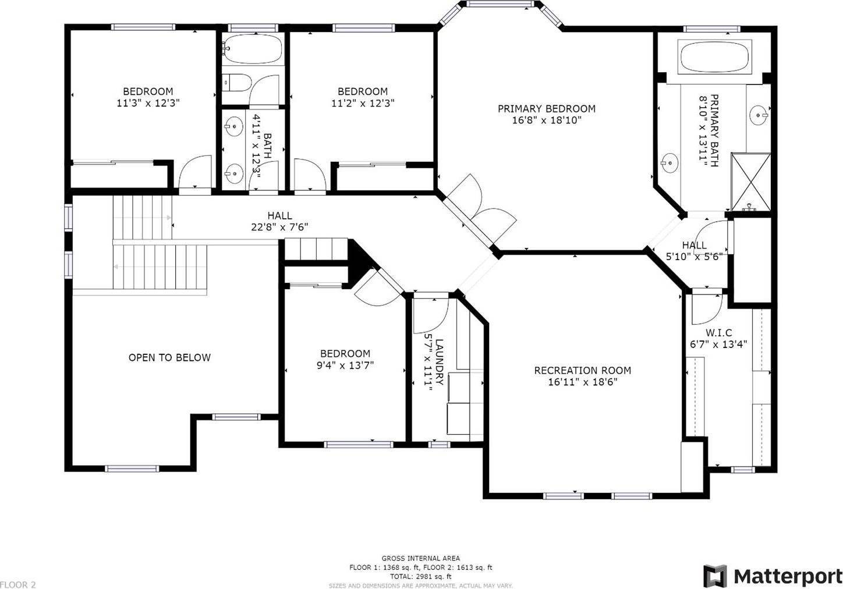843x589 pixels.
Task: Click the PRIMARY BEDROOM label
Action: (547, 109)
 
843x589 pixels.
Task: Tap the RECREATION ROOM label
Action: (583, 371)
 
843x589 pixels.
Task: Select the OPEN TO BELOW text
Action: (170, 358)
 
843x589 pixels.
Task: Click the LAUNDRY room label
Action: (439, 362)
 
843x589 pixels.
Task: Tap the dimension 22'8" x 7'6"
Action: (279, 227)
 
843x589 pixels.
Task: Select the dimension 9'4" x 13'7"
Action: (345, 365)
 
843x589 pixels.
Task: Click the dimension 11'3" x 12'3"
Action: (148, 103)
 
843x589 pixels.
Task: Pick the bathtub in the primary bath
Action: (715, 57)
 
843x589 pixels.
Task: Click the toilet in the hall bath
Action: (236, 83)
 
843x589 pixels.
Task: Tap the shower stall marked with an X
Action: (751, 182)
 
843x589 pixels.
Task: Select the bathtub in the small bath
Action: (252, 49)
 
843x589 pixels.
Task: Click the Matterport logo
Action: (773, 576)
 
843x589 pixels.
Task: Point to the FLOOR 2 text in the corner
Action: (18, 585)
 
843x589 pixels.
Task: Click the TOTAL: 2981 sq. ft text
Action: (421, 576)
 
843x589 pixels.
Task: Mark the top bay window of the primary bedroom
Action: (500, 4)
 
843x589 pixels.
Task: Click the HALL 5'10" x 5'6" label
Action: (695, 251)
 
